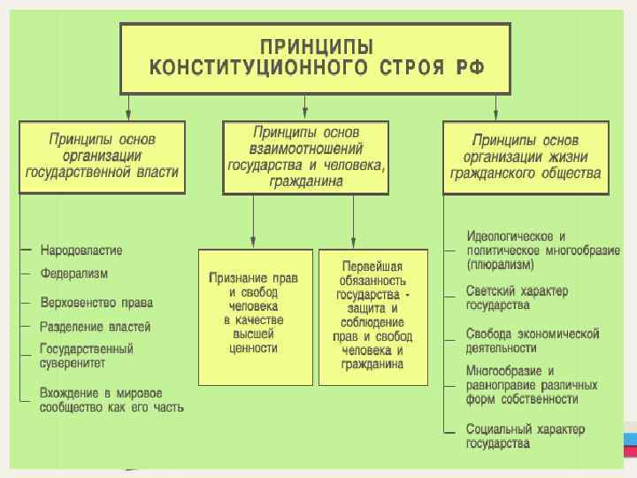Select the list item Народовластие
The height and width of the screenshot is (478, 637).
[x=81, y=251]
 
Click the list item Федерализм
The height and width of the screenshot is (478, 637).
[x=74, y=274]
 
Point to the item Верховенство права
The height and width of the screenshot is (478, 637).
[x=96, y=303]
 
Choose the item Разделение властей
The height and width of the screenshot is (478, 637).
[x=95, y=327]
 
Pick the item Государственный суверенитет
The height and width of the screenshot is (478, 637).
[x=86, y=356]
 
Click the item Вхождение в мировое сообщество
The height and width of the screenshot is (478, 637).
[x=111, y=399]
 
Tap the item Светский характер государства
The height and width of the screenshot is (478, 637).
[x=517, y=297]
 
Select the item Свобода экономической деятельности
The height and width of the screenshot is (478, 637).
[x=532, y=341]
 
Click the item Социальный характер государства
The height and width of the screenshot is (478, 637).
[x=525, y=436]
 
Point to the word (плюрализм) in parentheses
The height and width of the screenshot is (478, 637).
[x=500, y=264]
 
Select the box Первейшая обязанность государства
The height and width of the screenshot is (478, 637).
[x=372, y=314]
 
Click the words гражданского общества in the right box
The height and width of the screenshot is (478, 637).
[x=526, y=173]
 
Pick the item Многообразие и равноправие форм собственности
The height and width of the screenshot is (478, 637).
[x=531, y=385]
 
